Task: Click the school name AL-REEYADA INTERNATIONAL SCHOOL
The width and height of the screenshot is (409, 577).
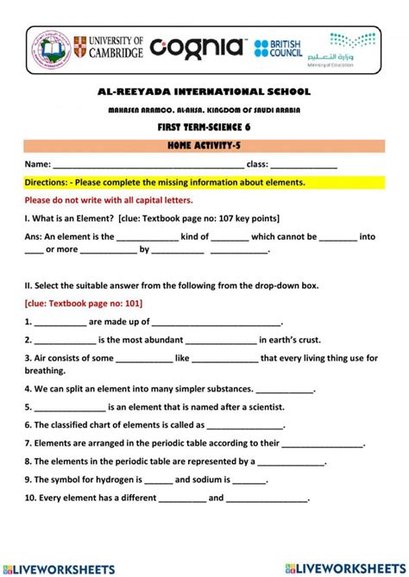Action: [x=204, y=92]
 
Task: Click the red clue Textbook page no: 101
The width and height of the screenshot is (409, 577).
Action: [x=84, y=304]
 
